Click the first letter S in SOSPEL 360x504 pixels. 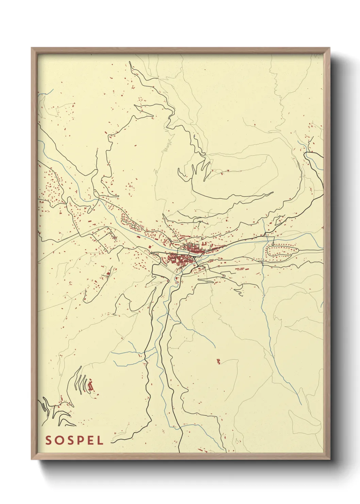48,440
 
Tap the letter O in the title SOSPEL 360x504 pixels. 59,440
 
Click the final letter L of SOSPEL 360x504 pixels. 100,440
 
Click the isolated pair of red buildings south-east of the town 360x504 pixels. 218,361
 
